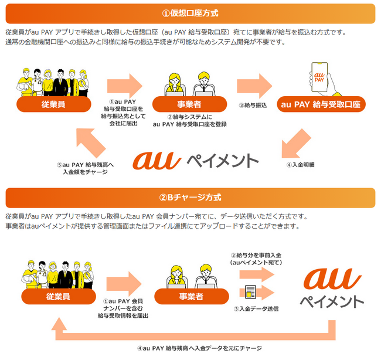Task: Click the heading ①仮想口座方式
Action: [x=190, y=12]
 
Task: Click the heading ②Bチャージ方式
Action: [x=190, y=197]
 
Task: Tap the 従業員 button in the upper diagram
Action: [x=53, y=104]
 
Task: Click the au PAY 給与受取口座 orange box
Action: [x=324, y=104]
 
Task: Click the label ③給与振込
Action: [x=253, y=106]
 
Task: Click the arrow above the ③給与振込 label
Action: [x=256, y=84]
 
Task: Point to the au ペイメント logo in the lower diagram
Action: [x=332, y=286]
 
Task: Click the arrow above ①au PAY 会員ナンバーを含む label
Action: [x=125, y=281]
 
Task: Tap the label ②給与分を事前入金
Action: [x=256, y=259]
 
